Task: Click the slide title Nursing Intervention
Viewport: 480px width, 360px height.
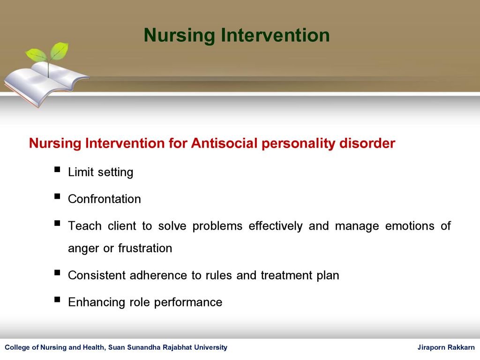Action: pyautogui.click(x=237, y=35)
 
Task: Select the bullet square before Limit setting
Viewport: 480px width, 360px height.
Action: pyautogui.click(x=57, y=170)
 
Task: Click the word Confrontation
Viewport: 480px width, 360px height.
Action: pyautogui.click(x=104, y=199)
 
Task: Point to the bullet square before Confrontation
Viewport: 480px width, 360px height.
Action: pyautogui.click(x=57, y=196)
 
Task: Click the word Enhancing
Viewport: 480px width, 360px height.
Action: pyautogui.click(x=97, y=302)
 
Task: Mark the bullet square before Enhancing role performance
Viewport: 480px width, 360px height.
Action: pyautogui.click(x=57, y=300)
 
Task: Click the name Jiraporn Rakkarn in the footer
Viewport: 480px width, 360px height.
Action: pyautogui.click(x=446, y=347)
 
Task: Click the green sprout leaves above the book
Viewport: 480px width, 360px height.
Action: pyautogui.click(x=47, y=52)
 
